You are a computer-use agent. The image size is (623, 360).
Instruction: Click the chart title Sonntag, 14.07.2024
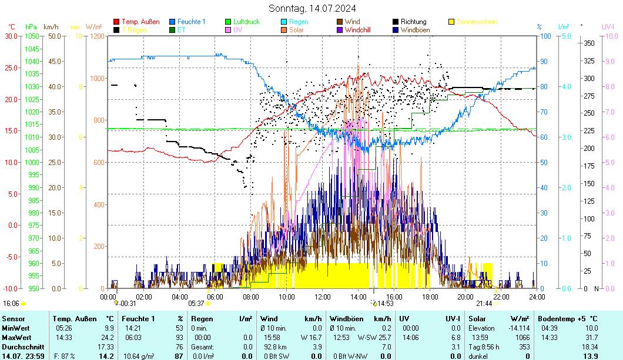(x=311, y=8)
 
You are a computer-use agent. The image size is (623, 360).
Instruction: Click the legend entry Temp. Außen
(x=140, y=22)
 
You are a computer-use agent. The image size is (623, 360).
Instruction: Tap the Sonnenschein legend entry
(x=477, y=22)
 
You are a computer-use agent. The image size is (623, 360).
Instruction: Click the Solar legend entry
(x=296, y=29)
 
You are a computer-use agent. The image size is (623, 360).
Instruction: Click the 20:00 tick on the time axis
(x=465, y=297)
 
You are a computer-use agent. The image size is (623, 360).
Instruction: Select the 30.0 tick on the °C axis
(x=11, y=36)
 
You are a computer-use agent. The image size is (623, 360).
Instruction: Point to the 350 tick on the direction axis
(x=588, y=43)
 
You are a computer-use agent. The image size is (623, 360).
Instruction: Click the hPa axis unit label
(x=31, y=26)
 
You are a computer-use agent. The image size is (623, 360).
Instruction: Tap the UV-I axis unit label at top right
(x=608, y=26)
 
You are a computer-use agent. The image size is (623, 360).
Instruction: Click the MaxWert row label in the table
(x=16, y=337)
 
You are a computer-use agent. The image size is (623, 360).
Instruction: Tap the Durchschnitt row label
(x=20, y=346)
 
